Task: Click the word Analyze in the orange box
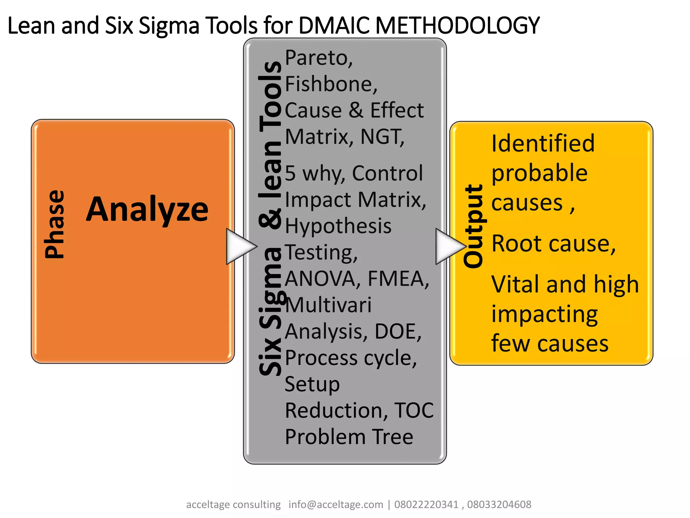point(147,210)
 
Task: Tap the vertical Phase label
point(55,224)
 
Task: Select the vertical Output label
point(473,227)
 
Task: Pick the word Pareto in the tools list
point(316,58)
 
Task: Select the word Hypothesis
point(338,226)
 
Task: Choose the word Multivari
point(328,305)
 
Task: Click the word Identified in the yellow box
point(543,143)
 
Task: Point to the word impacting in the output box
point(544,314)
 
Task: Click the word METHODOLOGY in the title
point(457,25)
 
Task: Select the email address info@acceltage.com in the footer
point(336,505)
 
